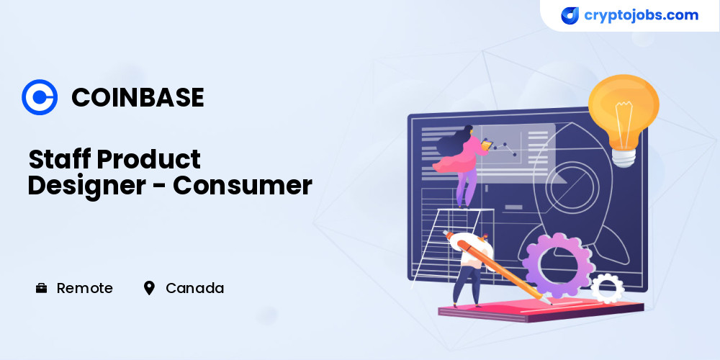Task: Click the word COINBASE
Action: click(138, 97)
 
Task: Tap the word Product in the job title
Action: click(149, 159)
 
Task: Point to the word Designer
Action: click(86, 186)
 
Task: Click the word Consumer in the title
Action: click(243, 186)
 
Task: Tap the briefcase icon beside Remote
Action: click(41, 289)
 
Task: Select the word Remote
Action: click(84, 289)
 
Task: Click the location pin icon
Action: click(149, 289)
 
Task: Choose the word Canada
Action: click(194, 289)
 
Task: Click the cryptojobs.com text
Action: click(641, 15)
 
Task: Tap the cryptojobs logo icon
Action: click(570, 16)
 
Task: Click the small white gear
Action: click(607, 288)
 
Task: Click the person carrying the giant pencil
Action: click(473, 269)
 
